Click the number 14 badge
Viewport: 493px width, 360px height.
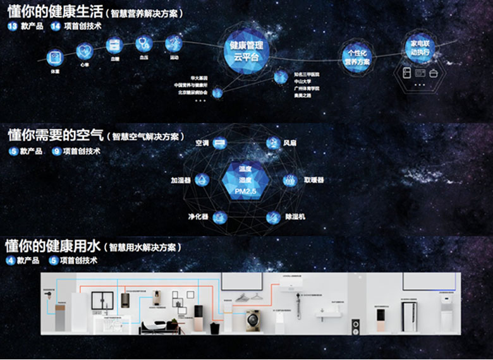coord(56,26)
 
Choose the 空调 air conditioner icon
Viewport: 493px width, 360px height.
coord(219,143)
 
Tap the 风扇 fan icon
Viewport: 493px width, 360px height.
coord(273,143)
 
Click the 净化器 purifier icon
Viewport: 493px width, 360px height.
coord(220,217)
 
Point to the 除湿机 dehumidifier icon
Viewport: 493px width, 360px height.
coord(273,217)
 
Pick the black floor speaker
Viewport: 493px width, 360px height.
coord(355,327)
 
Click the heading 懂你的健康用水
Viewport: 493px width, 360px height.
coord(53,245)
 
